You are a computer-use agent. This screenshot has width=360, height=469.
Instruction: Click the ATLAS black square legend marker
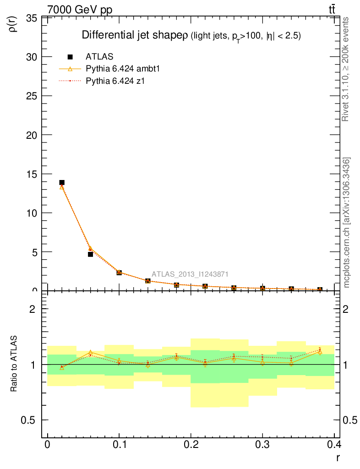click(70, 57)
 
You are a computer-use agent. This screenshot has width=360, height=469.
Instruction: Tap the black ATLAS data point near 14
click(62, 182)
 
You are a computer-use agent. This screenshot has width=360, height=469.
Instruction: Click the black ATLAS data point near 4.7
click(90, 254)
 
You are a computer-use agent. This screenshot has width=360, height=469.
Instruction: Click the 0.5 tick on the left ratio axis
click(29, 420)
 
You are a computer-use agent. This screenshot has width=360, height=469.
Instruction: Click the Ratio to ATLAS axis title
click(14, 364)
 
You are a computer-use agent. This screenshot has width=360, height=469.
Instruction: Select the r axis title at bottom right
click(338, 457)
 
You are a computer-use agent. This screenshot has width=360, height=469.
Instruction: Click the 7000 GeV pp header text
click(79, 10)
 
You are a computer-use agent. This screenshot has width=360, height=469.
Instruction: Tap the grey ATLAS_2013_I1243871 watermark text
click(190, 274)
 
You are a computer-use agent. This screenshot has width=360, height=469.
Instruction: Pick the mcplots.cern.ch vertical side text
click(347, 223)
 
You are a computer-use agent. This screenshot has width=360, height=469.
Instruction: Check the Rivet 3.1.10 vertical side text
click(346, 69)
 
